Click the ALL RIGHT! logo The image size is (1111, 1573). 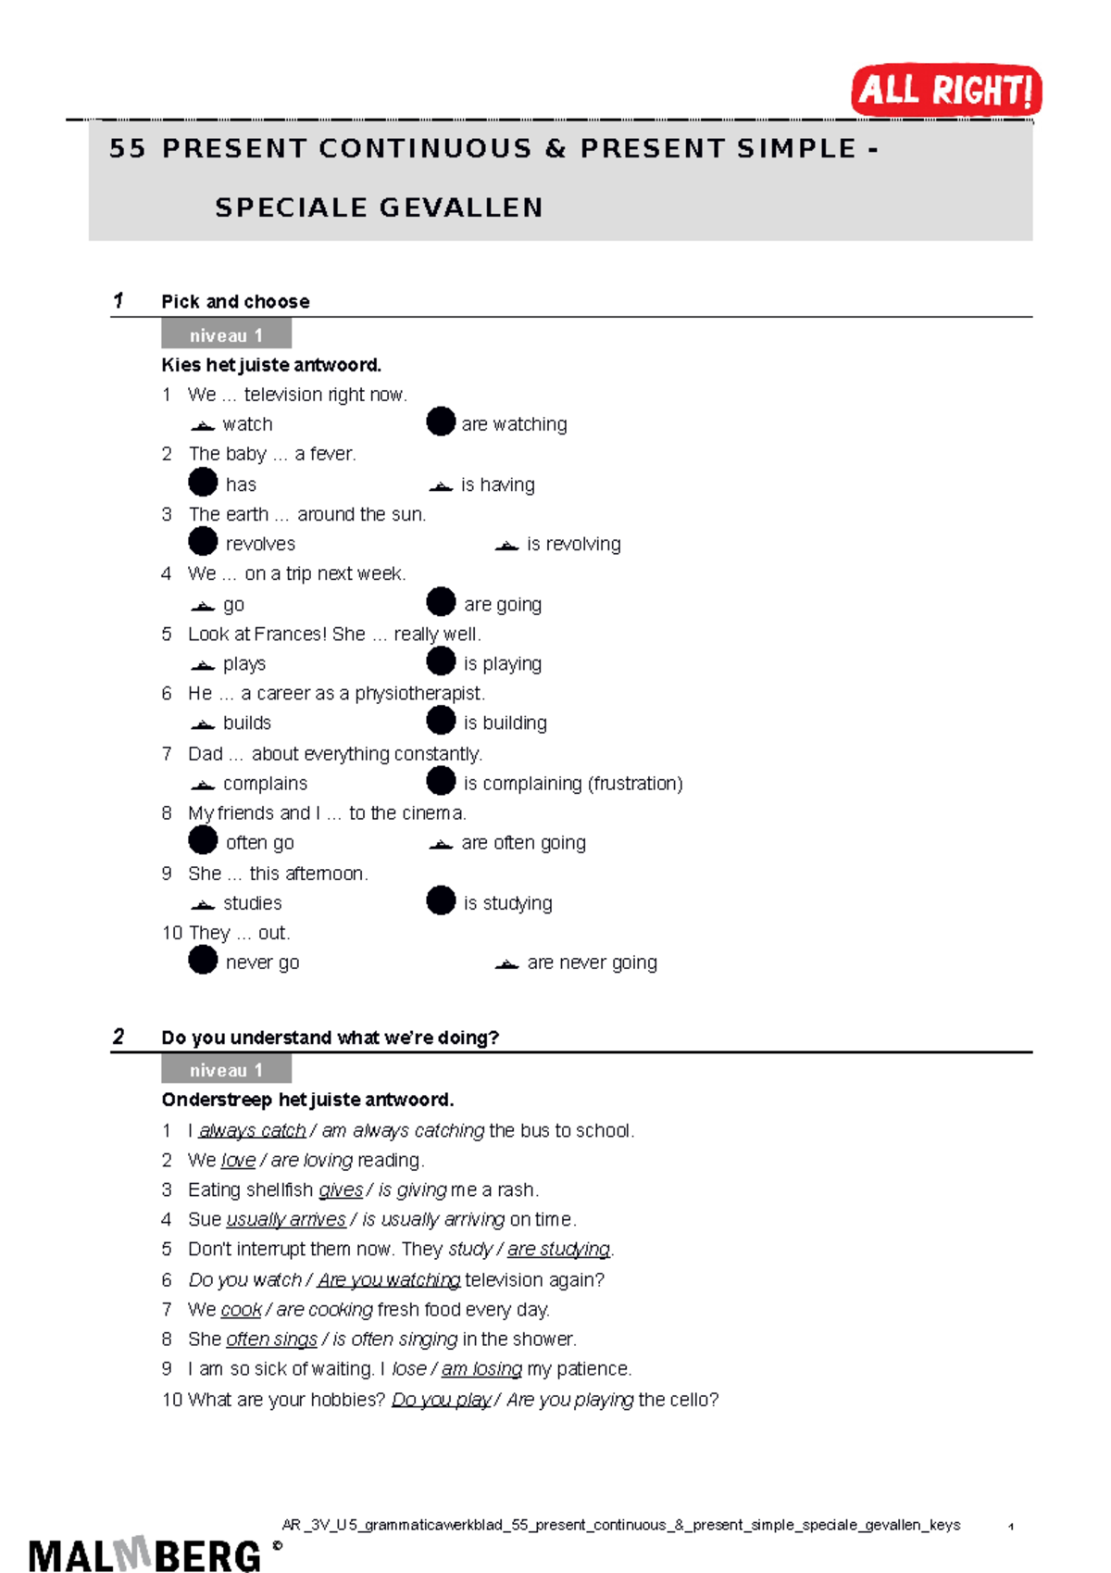tap(946, 90)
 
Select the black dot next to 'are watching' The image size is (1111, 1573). tap(441, 422)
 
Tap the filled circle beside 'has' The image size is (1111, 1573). tap(203, 482)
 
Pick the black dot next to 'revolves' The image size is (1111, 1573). tap(203, 541)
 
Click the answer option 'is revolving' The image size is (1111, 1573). tap(573, 544)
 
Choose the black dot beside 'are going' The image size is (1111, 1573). tap(441, 601)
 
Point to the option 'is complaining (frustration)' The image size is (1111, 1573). tap(572, 783)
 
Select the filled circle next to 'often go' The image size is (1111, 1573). tap(203, 840)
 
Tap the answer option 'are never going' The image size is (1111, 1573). tap(592, 963)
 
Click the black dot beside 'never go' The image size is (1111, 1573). tap(203, 960)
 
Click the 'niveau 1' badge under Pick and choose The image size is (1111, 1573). tap(226, 334)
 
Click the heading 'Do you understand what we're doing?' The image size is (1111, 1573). tap(330, 1038)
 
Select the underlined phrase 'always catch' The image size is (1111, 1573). tap(252, 1130)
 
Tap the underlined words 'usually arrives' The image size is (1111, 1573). tap(285, 1219)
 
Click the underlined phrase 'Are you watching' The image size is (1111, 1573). tap(388, 1279)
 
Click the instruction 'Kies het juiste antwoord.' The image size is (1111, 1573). tap(270, 364)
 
